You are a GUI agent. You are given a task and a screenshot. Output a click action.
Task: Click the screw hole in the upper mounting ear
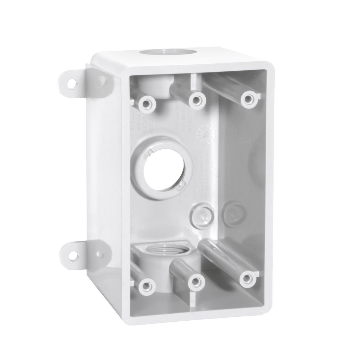pos(72,84)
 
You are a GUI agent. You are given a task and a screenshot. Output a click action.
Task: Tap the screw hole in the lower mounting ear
pos(73,256)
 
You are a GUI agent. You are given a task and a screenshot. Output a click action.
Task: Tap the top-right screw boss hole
pos(249,99)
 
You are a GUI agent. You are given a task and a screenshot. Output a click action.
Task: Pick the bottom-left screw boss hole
pos(147,285)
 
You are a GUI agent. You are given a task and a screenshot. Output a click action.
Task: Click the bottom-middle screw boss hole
pos(196,282)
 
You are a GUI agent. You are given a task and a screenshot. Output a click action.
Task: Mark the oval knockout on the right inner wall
pos(233,212)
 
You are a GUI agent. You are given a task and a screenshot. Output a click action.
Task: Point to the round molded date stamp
pos(206,134)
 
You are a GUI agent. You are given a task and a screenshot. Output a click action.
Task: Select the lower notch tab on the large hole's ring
pos(182,185)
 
